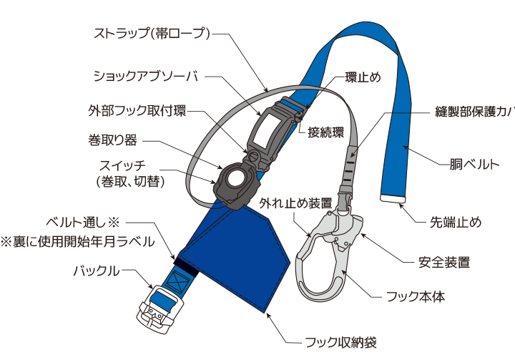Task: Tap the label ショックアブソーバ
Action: tap(145, 75)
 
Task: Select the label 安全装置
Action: tap(444, 262)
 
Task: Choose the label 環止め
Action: tap(363, 77)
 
